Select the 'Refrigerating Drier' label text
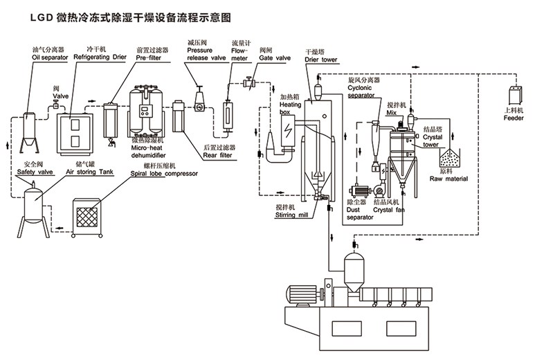100,58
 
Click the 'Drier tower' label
320,60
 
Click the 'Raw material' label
448,179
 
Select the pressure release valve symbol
199,99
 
